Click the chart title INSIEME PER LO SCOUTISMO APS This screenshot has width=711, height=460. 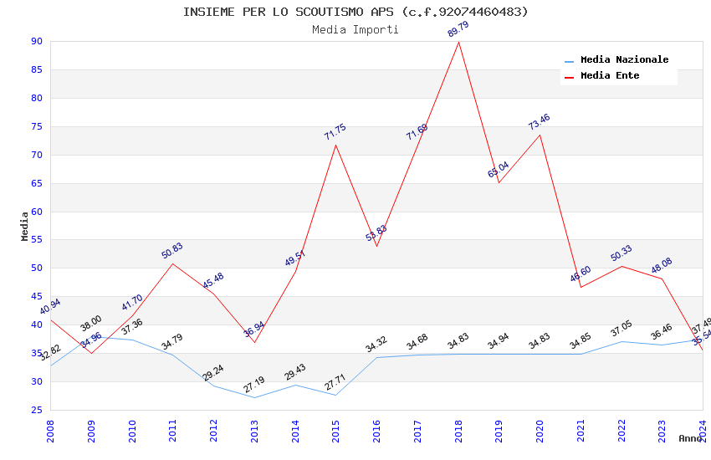pyautogui.click(x=355, y=12)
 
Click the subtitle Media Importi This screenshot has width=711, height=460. pyautogui.click(x=355, y=30)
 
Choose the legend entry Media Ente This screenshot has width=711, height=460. pyautogui.click(x=610, y=76)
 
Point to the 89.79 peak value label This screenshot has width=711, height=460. pyautogui.click(x=458, y=30)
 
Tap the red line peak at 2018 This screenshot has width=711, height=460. pyautogui.click(x=458, y=42)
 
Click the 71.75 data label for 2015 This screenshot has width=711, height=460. pyautogui.click(x=335, y=132)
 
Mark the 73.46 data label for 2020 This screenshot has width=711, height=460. pyautogui.click(x=540, y=122)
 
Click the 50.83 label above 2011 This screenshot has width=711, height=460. pyautogui.click(x=172, y=251)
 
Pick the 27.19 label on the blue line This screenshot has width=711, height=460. pyautogui.click(x=254, y=385)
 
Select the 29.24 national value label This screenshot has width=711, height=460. pyautogui.click(x=213, y=373)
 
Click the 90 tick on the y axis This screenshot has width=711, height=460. pyautogui.click(x=36, y=42)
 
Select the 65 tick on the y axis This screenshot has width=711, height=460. pyautogui.click(x=36, y=183)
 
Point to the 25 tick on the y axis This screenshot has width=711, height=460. pyautogui.click(x=36, y=410)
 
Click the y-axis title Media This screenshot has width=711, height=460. pyautogui.click(x=25, y=226)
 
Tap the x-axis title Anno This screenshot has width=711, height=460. pyautogui.click(x=690, y=438)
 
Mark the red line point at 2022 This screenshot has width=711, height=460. pyautogui.click(x=621, y=266)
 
